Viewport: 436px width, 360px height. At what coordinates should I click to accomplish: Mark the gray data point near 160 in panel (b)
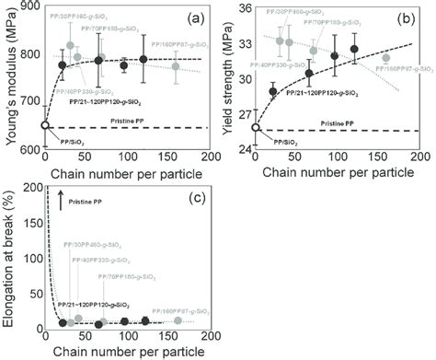tap(386, 58)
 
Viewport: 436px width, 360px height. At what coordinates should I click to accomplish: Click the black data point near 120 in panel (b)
tap(354, 49)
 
